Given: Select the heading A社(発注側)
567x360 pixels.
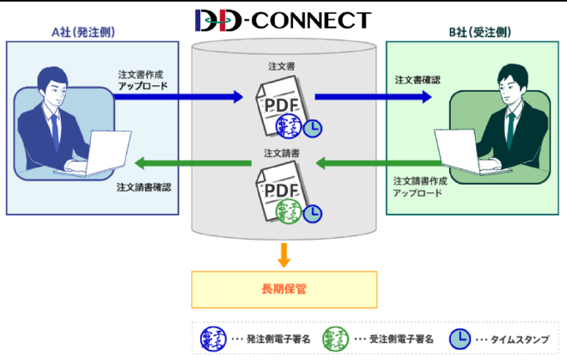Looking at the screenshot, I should click(83, 33).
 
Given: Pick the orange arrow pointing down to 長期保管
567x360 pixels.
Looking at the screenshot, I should click(283, 253).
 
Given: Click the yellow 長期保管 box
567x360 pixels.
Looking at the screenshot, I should click(283, 290).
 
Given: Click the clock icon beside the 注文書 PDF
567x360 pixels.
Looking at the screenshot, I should click(315, 128).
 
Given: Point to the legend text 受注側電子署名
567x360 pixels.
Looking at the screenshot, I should click(396, 338).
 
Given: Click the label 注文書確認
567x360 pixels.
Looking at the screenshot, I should click(418, 79).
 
